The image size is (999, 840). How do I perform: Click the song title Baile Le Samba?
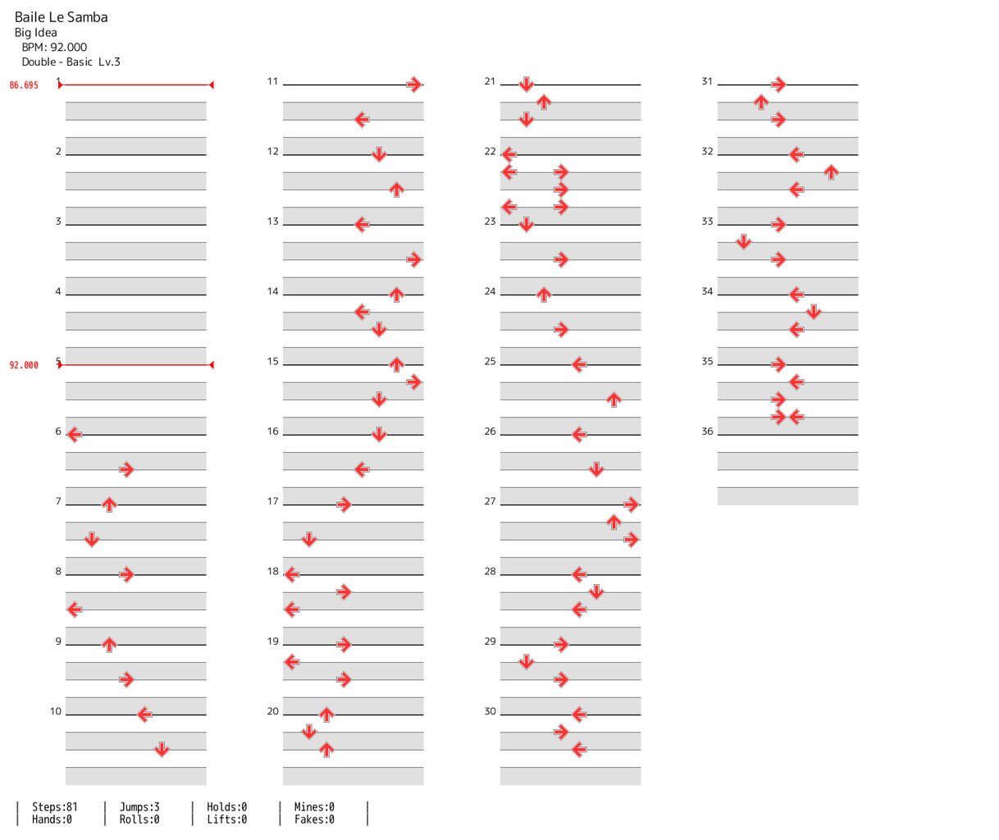[x=61, y=17]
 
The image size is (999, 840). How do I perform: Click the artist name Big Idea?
[x=36, y=33]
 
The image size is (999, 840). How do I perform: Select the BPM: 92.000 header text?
[x=54, y=48]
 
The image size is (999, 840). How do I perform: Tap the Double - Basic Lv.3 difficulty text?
[x=71, y=62]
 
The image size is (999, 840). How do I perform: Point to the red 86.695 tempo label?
[x=24, y=85]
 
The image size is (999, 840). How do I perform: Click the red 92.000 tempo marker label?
[x=24, y=365]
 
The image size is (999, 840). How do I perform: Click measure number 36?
[x=707, y=431]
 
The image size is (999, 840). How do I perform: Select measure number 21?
[x=490, y=82]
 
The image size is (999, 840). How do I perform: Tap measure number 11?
[x=273, y=82]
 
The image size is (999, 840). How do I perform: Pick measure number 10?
[x=56, y=711]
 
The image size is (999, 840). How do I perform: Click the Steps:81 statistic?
[x=55, y=807]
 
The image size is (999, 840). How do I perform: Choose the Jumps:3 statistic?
[x=139, y=807]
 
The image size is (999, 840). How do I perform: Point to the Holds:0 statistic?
[x=226, y=807]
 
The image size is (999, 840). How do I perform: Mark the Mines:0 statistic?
[x=314, y=807]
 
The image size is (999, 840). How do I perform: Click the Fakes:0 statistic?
[x=314, y=819]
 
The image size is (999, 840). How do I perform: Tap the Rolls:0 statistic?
[x=139, y=819]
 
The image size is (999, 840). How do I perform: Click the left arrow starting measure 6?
[x=74, y=434]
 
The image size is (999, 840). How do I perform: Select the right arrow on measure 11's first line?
[x=413, y=84]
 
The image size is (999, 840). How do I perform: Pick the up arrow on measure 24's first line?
[x=543, y=294]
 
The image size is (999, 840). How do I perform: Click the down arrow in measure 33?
[x=743, y=242]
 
